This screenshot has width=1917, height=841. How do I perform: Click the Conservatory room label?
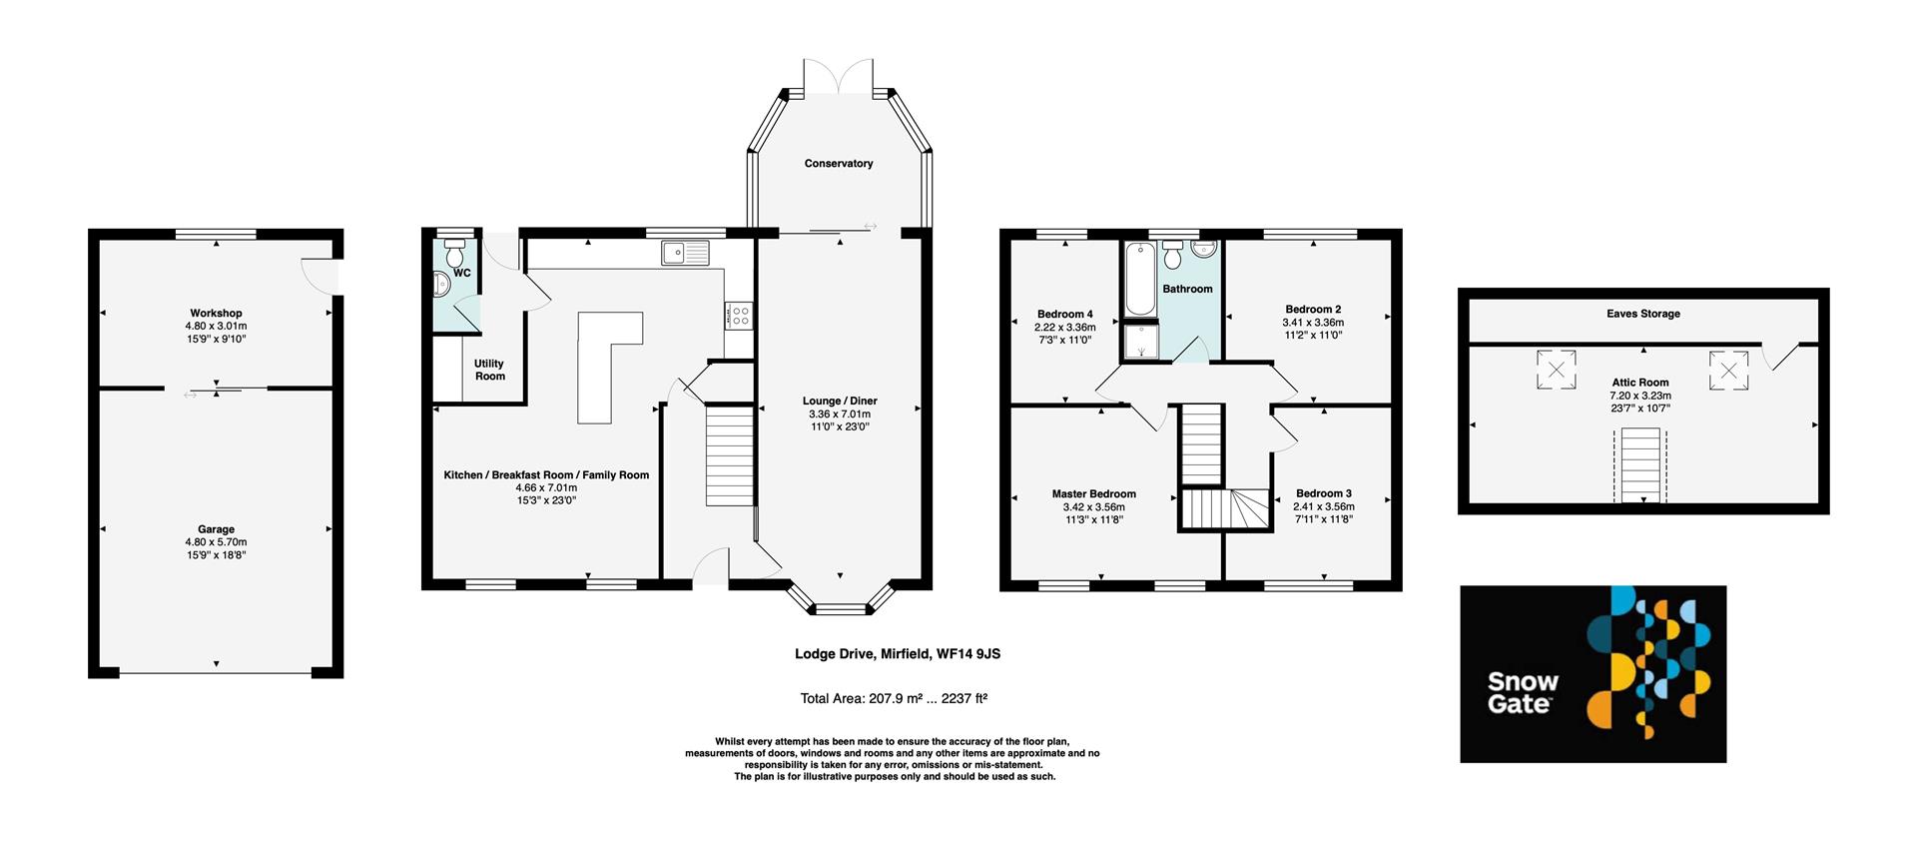click(x=838, y=164)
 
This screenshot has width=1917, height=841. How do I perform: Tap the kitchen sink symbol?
click(x=685, y=253)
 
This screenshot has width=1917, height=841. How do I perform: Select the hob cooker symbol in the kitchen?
click(x=740, y=316)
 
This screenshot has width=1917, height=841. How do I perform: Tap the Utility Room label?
click(x=489, y=370)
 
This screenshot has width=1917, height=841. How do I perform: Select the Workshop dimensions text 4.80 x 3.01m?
click(x=216, y=327)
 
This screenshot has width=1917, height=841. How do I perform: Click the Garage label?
click(x=216, y=529)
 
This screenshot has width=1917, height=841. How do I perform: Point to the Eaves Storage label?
click(x=1642, y=314)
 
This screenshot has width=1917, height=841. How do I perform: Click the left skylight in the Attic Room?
click(x=1556, y=369)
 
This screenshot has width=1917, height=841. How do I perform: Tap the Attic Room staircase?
click(x=1639, y=465)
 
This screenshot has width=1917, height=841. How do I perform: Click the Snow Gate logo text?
click(x=1522, y=692)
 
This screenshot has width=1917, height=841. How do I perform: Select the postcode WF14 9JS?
click(x=967, y=654)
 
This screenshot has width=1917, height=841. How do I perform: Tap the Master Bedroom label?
click(x=1093, y=494)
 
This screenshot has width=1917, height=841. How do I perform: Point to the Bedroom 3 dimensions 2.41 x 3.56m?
click(x=1323, y=506)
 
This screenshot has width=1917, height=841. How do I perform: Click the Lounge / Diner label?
click(x=840, y=402)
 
